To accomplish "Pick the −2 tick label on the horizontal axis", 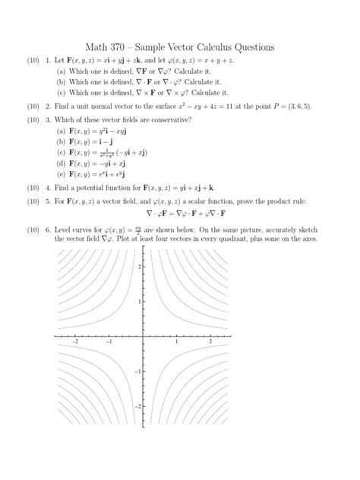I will pyautogui.click(x=74, y=343).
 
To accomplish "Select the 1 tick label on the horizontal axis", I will pyautogui.click(x=176, y=343).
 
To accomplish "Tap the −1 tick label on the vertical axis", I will pyautogui.click(x=137, y=371).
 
